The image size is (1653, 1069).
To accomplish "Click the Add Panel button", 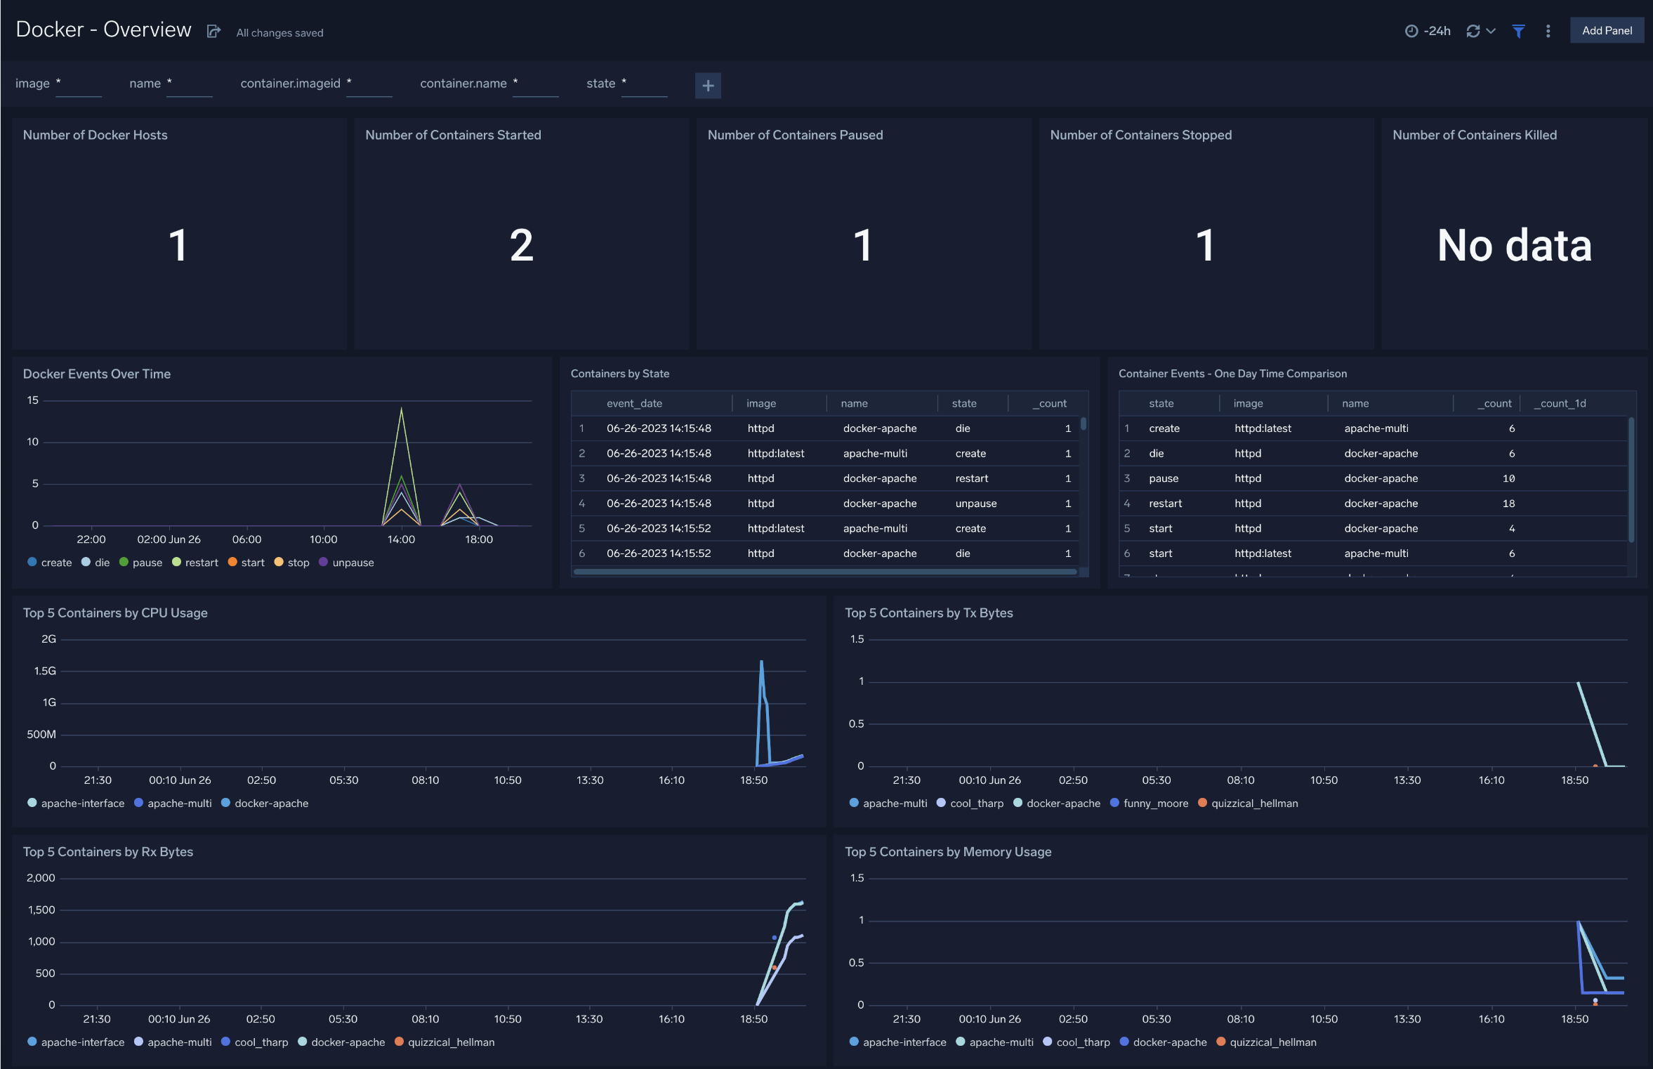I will point(1606,31).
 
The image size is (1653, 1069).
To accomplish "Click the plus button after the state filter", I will point(708,86).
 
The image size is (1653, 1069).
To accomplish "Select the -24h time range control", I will point(1428,31).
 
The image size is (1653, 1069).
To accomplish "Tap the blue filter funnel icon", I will point(1518,31).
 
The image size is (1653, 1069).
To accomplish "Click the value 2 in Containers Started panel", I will point(521,246).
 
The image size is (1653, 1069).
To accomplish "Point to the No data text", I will point(1514,246).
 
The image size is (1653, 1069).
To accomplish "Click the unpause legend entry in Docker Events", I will point(353,563).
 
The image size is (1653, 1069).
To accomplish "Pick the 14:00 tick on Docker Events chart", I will point(401,539).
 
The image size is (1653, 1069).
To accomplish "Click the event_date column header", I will point(634,403).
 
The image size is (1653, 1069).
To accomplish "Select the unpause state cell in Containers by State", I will point(975,504).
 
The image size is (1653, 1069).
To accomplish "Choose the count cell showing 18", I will point(1508,504).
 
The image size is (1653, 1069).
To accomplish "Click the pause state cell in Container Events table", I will point(1164,478).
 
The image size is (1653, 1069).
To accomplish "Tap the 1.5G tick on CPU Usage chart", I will point(45,671).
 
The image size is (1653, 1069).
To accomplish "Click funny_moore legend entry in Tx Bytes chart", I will point(1155,804).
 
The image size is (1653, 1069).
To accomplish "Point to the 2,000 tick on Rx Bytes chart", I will point(41,878).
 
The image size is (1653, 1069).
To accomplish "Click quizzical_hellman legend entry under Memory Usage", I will point(1272,1042).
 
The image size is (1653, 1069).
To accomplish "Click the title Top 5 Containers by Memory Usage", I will point(947,852).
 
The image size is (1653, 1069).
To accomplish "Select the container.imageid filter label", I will point(290,84).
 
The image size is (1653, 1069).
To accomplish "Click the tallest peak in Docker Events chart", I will point(401,409).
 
